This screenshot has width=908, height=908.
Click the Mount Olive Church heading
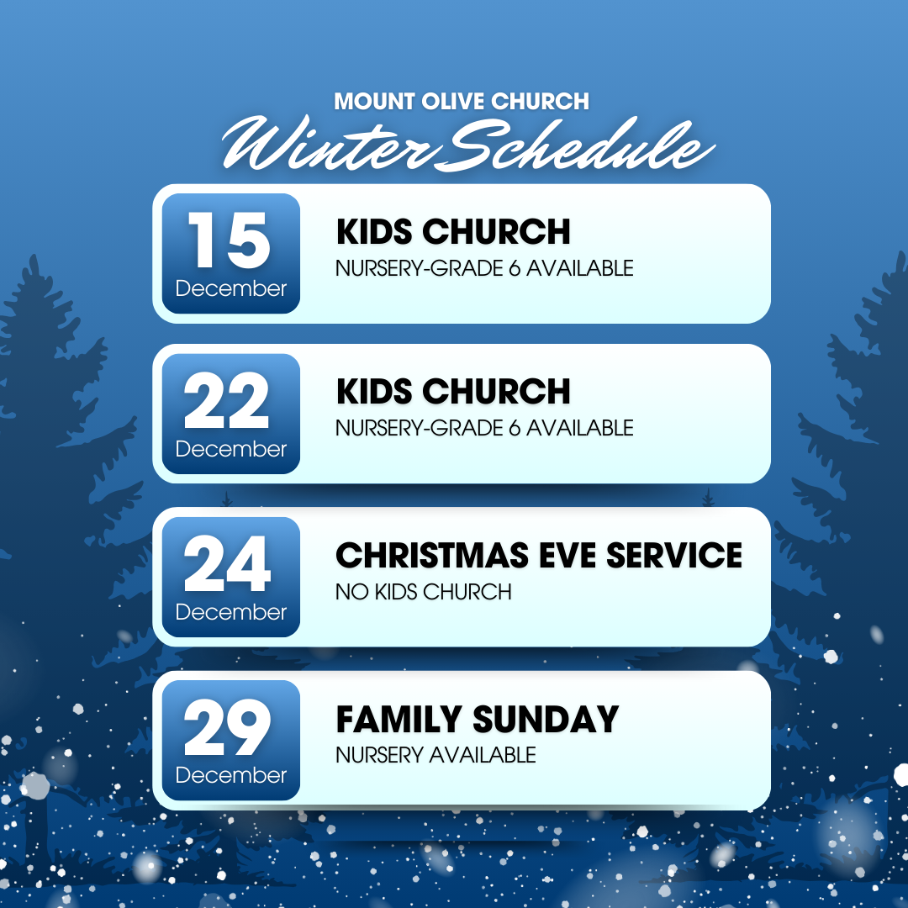[x=462, y=102]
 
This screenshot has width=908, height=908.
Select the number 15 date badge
[x=231, y=254]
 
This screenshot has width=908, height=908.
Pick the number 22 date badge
[x=231, y=414]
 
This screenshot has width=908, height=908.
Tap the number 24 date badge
[x=231, y=577]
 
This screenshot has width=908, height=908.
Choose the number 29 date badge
[x=231, y=740]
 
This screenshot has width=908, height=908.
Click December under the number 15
[x=231, y=288]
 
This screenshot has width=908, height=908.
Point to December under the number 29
[x=231, y=775]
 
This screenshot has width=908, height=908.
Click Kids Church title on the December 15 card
[x=453, y=232]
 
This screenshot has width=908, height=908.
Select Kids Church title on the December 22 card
[x=453, y=392]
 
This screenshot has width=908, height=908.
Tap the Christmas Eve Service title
[x=539, y=556]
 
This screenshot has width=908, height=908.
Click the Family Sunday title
[x=478, y=719]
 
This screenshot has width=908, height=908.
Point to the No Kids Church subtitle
[x=423, y=592]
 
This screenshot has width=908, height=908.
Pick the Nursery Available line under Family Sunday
[x=436, y=755]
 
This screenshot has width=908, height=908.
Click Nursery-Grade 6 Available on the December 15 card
[x=485, y=268]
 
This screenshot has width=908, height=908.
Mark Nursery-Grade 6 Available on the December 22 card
[x=485, y=428]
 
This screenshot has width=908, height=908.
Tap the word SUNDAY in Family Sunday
[x=546, y=719]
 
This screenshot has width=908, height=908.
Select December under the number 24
[x=231, y=612]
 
